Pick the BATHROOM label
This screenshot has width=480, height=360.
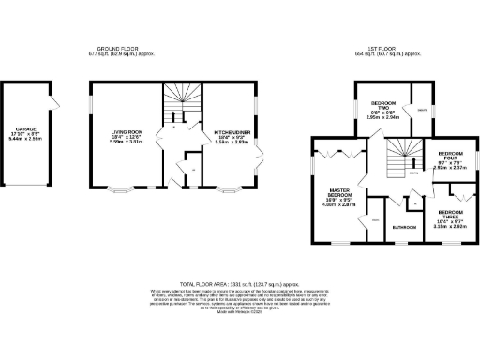click(x=404, y=227)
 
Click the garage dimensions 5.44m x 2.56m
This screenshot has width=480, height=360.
click(x=25, y=139)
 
